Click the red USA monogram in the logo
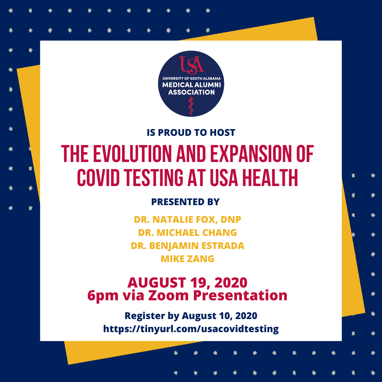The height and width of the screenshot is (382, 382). tap(191, 65)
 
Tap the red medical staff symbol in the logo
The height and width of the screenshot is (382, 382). tap(191, 106)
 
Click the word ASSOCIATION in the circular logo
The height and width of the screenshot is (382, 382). tap(191, 92)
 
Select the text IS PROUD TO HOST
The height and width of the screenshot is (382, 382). tap(191, 133)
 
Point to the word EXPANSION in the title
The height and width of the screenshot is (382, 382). tap(251, 154)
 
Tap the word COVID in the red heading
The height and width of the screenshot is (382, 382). tap(98, 178)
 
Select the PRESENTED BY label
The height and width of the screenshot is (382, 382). tap(185, 202)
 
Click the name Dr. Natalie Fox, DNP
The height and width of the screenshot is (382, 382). tap(187, 220)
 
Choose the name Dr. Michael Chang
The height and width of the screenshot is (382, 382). tap(187, 233)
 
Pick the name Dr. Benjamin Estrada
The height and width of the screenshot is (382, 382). tap(187, 246)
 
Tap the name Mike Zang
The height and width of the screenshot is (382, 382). tap(187, 259)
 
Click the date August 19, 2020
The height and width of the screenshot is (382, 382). tap(187, 283)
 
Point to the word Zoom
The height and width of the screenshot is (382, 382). tap(168, 295)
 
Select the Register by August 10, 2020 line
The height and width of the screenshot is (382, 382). tap(191, 316)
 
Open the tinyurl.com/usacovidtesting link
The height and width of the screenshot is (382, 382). tap(191, 329)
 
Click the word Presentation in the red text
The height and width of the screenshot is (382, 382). tap(240, 295)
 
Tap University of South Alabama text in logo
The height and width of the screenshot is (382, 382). tap(191, 79)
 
